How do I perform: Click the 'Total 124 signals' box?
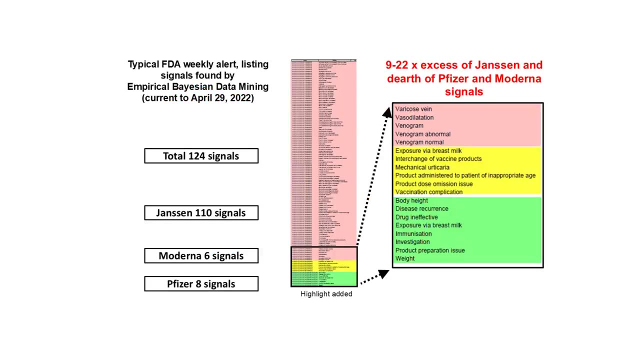click(201, 156)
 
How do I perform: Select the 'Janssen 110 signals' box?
click(201, 213)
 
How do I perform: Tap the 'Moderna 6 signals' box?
click(201, 256)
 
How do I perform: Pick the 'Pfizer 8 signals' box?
click(201, 284)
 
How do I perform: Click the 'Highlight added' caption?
click(326, 294)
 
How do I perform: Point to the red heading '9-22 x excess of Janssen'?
click(463, 65)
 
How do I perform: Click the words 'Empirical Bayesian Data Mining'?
click(197, 86)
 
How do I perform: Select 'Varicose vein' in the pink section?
click(413, 109)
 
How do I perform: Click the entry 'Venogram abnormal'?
click(422, 134)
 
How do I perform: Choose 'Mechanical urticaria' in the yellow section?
click(422, 167)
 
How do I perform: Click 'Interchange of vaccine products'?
click(438, 159)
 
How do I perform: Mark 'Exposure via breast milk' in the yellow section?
click(428, 150)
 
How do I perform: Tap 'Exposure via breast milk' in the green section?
click(428, 225)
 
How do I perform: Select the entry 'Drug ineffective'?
click(416, 217)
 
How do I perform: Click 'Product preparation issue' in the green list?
click(430, 250)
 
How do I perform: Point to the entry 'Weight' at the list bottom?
click(405, 258)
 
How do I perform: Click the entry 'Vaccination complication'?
click(429, 192)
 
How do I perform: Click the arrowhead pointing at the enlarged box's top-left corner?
click(387, 113)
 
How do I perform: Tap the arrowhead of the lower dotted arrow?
click(383, 274)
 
